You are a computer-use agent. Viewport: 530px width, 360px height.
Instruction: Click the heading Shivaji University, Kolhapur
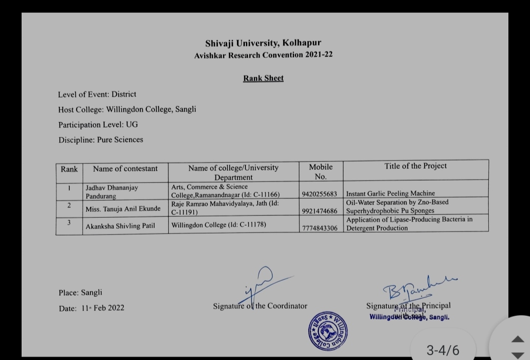point(264,43)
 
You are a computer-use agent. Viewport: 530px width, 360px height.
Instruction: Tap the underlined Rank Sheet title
point(264,78)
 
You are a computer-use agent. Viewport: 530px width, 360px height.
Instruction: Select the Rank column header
point(69,169)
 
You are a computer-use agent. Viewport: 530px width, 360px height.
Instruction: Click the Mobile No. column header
point(321,172)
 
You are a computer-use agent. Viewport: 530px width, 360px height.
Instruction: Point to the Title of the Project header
point(416,166)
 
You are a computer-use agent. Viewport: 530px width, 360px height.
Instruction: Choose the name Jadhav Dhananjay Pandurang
point(112,192)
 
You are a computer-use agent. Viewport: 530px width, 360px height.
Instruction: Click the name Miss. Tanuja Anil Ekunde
point(123,209)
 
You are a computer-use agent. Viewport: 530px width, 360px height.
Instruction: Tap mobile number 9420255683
point(320,194)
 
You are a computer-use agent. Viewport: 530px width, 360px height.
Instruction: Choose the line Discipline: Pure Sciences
point(101,140)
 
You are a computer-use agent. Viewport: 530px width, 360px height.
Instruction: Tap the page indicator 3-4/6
point(443,350)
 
